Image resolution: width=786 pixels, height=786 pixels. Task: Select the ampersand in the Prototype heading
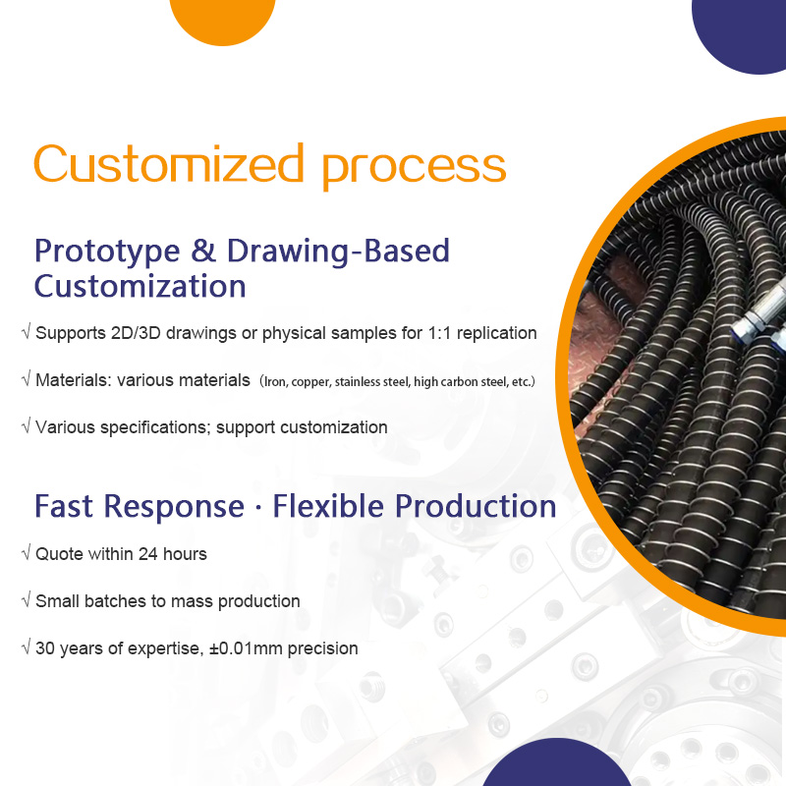point(203,252)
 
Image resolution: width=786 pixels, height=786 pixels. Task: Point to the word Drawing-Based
point(338,252)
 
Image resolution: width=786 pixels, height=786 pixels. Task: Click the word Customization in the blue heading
point(140,287)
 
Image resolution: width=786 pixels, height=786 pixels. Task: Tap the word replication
point(499,333)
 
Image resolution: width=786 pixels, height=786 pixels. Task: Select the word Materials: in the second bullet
point(74,380)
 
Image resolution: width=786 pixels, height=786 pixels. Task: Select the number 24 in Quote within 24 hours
point(150,554)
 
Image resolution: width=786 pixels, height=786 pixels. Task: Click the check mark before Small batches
point(26,601)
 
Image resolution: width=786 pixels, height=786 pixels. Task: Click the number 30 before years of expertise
point(45,648)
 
